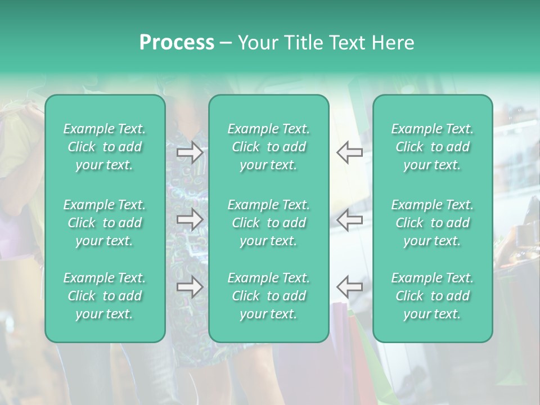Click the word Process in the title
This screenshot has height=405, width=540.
pos(177,43)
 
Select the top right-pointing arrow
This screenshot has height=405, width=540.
pos(190,152)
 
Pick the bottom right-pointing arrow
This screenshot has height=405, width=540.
pos(190,287)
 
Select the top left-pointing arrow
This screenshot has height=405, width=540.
pos(349,152)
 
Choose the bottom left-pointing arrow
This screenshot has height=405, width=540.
pos(349,287)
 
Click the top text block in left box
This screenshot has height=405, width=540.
pos(105,147)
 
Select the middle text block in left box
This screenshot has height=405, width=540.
pos(105,223)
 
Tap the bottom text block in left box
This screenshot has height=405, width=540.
pos(105,296)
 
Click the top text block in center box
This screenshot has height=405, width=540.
pos(269,147)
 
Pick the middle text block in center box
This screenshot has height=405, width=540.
pos(269,223)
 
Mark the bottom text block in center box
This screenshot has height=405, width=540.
pos(269,296)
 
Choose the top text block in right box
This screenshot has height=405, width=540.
pos(433,147)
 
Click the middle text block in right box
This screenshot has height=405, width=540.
pos(433,223)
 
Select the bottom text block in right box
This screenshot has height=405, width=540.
pos(433,296)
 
